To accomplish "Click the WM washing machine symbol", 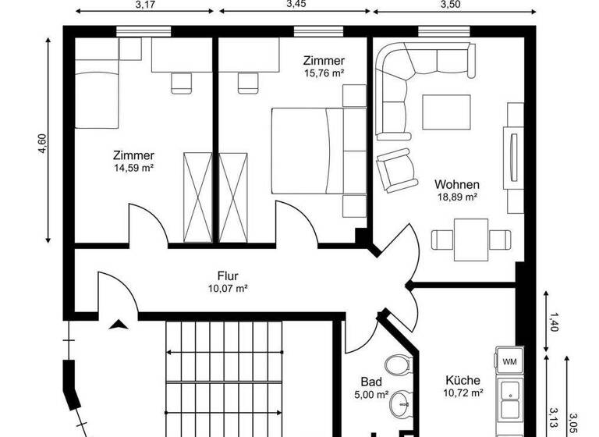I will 508,361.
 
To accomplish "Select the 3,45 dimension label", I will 296,5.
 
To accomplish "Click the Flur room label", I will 228,275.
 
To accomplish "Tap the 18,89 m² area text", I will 457,197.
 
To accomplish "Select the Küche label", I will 463,380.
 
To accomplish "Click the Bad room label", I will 370,382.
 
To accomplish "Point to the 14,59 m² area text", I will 133,167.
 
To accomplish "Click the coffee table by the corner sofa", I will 447,112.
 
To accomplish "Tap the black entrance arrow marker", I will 119,325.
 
